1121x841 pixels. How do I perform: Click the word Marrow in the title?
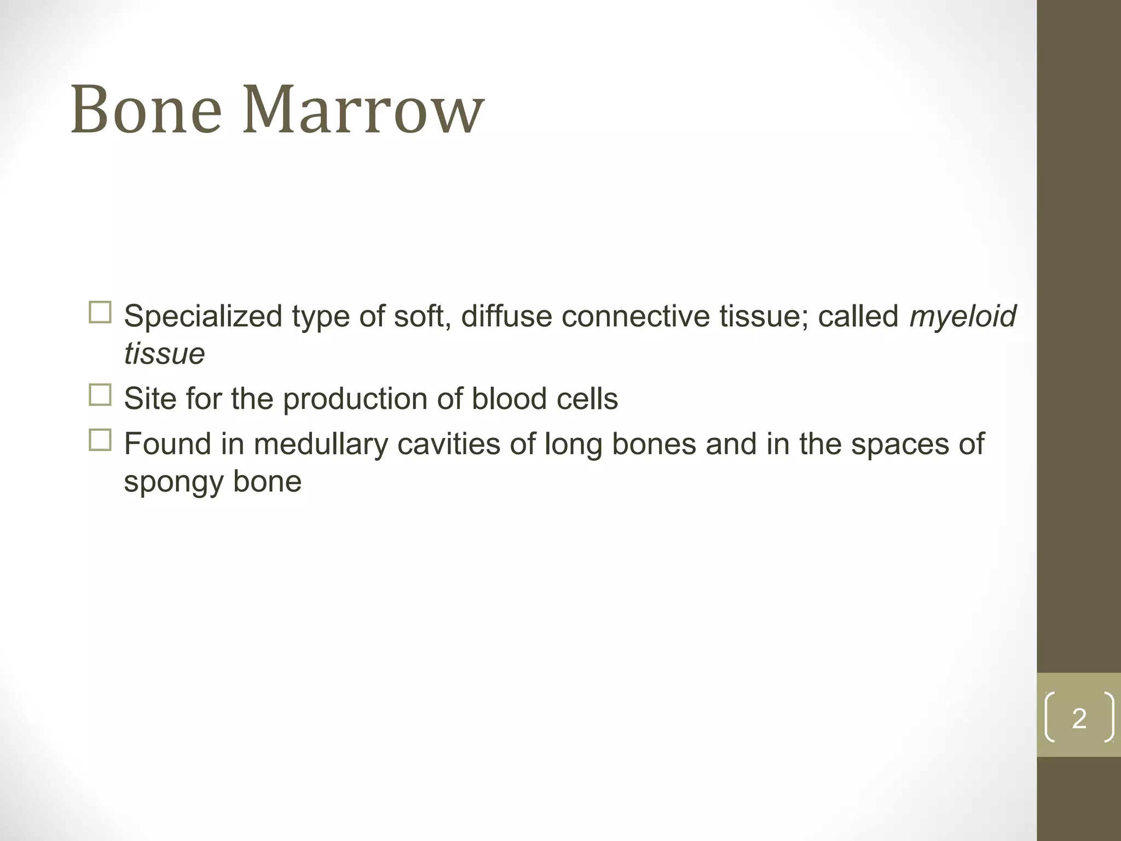pyautogui.click(x=363, y=110)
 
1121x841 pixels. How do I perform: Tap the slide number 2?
pyautogui.click(x=1079, y=718)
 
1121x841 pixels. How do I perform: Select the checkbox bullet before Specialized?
pyautogui.click(x=100, y=313)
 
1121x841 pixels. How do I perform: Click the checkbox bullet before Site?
pyautogui.click(x=100, y=395)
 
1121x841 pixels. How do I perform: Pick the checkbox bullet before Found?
pyautogui.click(x=100, y=440)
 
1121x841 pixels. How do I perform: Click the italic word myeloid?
pyautogui.click(x=962, y=317)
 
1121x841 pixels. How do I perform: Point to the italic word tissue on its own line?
pyautogui.click(x=164, y=354)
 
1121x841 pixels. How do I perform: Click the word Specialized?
pyautogui.click(x=203, y=317)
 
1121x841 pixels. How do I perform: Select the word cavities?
pyautogui.click(x=448, y=443)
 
